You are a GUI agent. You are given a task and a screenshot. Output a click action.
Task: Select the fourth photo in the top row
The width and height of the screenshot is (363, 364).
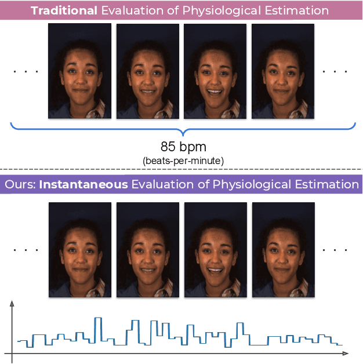[x=283, y=71]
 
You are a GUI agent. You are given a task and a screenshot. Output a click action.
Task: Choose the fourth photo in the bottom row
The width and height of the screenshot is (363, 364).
[x=283, y=249]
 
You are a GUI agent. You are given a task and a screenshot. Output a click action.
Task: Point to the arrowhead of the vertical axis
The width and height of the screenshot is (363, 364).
[x=12, y=303]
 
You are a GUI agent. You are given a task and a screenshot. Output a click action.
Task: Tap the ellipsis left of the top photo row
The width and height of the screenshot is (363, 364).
[x=26, y=71]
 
